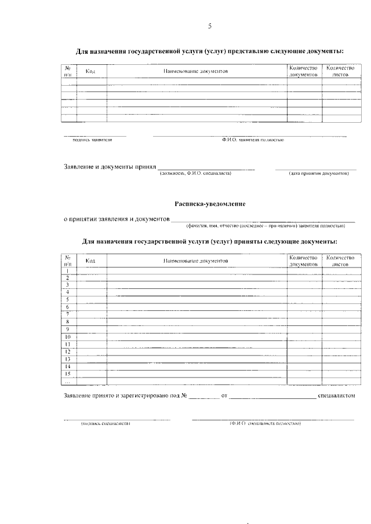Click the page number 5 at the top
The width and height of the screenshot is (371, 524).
pyautogui.click(x=210, y=26)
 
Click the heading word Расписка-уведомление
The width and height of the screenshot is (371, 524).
pyautogui.click(x=210, y=204)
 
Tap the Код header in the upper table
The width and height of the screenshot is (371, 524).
pyautogui.click(x=90, y=71)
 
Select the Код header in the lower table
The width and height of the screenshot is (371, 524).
pyautogui.click(x=90, y=261)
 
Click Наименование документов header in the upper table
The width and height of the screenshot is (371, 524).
pyautogui.click(x=196, y=71)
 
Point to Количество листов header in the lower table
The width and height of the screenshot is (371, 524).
pyautogui.click(x=340, y=261)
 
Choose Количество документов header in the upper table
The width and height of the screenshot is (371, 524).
pyautogui.click(x=304, y=71)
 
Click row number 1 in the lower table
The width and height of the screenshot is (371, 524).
pyautogui.click(x=68, y=271)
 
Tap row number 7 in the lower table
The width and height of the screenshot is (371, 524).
pyautogui.click(x=68, y=314)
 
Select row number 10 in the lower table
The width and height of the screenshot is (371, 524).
pyautogui.click(x=68, y=336)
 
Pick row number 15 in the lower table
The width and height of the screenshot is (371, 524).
pyautogui.click(x=68, y=373)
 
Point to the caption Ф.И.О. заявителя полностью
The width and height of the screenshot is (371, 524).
pyautogui.click(x=252, y=140)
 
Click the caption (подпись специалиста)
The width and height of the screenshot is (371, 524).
pyautogui.click(x=106, y=423)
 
